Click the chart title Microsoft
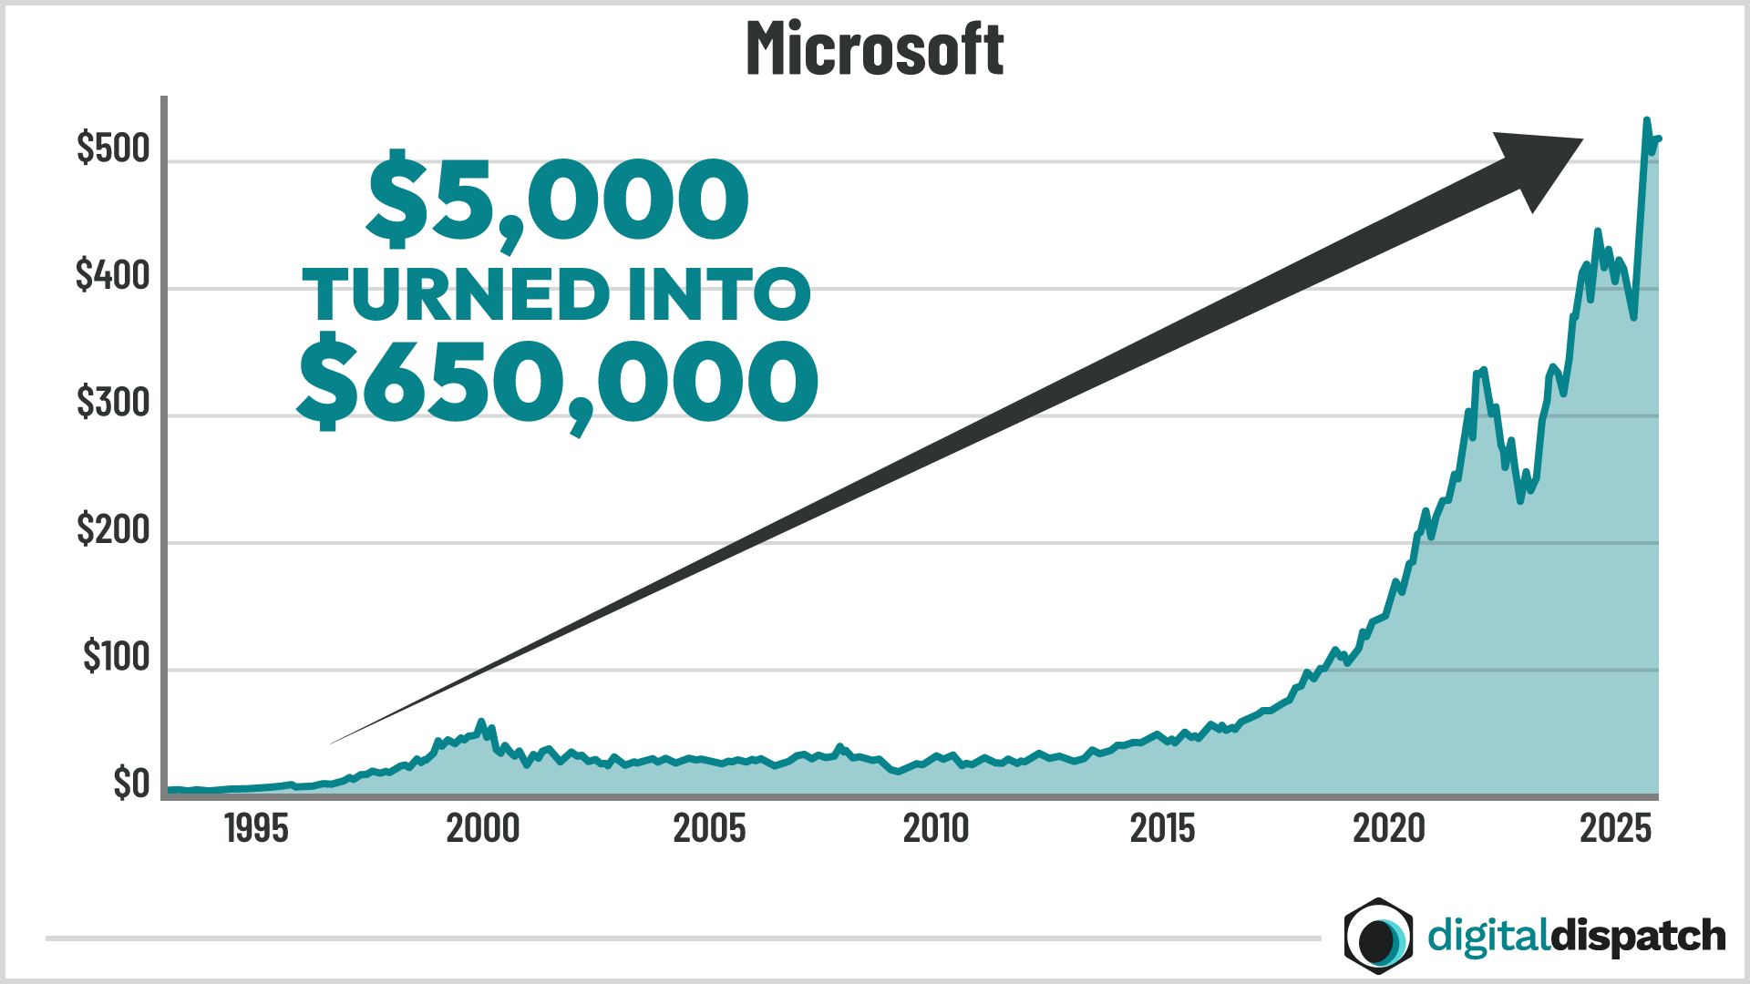pyautogui.click(x=874, y=49)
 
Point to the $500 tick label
pyautogui.click(x=113, y=149)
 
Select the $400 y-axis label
pyautogui.click(x=113, y=275)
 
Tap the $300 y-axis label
pyautogui.click(x=113, y=403)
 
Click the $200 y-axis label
pyautogui.click(x=113, y=529)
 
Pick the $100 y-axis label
pyautogui.click(x=116, y=657)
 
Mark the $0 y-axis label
pyautogui.click(x=131, y=784)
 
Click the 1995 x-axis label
pyautogui.click(x=256, y=829)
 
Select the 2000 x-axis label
pyautogui.click(x=482, y=829)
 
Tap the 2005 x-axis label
pyautogui.click(x=709, y=829)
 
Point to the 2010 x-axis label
pyautogui.click(x=936, y=829)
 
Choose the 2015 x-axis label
pyautogui.click(x=1162, y=829)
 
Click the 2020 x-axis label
pyautogui.click(x=1388, y=829)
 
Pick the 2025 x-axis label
pyautogui.click(x=1615, y=829)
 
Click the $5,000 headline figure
pyautogui.click(x=558, y=200)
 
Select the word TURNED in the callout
pyautogui.click(x=456, y=295)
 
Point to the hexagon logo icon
pyautogui.click(x=1378, y=936)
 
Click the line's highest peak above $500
pyautogui.click(x=1646, y=120)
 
